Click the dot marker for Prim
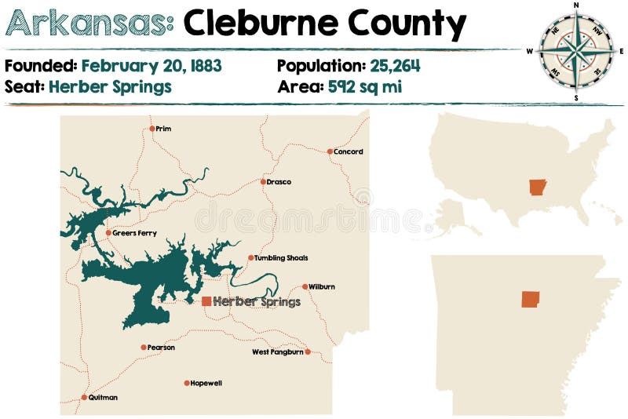(152, 129)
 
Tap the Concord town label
(349, 152)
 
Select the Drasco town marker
(263, 182)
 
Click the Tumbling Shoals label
(281, 258)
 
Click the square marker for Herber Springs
(206, 301)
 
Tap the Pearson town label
(161, 348)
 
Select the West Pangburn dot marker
(308, 352)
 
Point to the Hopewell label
(206, 384)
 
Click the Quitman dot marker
(84, 398)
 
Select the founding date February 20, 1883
(152, 66)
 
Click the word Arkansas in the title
(89, 25)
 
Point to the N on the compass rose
(576, 5)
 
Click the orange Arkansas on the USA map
(538, 188)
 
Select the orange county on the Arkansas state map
(531, 299)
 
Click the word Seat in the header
(24, 86)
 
